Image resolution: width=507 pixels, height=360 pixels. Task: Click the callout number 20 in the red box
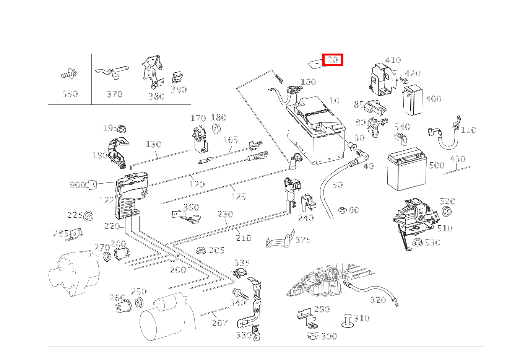click(333, 60)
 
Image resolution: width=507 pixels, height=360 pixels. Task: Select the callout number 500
click(436, 165)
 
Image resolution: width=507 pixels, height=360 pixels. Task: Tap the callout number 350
click(70, 94)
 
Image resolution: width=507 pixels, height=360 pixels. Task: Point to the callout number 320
click(378, 300)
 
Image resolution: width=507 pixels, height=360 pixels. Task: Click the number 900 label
click(77, 185)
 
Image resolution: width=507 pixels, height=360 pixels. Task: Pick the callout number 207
click(220, 323)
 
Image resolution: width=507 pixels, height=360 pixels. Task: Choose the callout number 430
click(457, 159)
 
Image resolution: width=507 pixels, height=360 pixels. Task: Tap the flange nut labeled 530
click(418, 242)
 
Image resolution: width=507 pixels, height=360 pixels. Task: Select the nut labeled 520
click(446, 211)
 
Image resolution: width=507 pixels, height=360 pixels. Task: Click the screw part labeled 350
click(69, 73)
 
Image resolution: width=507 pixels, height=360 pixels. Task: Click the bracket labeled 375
click(280, 240)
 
